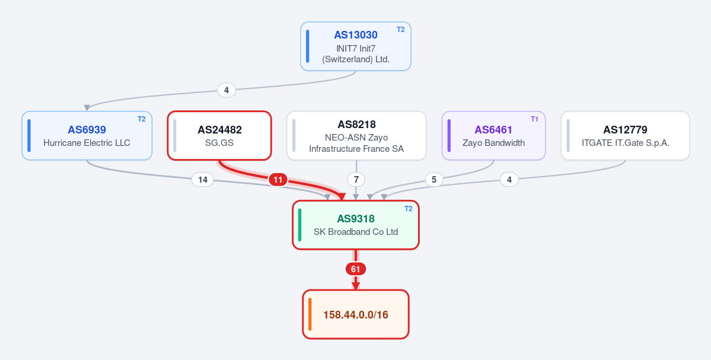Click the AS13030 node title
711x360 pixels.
(356, 35)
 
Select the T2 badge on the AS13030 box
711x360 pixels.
(401, 30)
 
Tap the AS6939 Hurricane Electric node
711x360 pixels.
(87, 136)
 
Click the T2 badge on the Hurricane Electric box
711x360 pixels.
(142, 119)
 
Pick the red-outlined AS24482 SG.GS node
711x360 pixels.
(219, 136)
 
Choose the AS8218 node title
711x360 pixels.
(356, 124)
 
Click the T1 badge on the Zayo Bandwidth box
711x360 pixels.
(535, 119)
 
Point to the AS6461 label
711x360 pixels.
(493, 130)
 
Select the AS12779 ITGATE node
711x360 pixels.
(625, 136)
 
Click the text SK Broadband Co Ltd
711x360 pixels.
(356, 232)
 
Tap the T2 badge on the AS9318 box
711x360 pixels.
(408, 209)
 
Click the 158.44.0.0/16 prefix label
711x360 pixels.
(356, 315)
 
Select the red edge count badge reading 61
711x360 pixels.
(356, 269)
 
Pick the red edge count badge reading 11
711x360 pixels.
(278, 180)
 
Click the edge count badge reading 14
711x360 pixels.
(203, 180)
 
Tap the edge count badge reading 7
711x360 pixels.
(356, 180)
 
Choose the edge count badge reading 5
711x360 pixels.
(434, 180)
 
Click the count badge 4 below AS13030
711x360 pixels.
(227, 90)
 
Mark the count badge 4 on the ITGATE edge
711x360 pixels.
(509, 180)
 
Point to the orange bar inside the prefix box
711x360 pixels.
(310, 314)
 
